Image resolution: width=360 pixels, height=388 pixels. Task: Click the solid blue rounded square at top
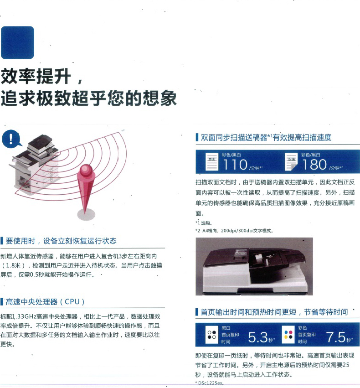pos(17,42)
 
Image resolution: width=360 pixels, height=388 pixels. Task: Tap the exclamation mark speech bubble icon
pos(11,138)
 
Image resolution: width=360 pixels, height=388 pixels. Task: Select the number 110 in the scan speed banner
pos(235,165)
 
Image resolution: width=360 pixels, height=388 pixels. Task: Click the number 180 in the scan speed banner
pos(314,165)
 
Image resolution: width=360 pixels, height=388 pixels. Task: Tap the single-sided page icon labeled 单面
pos(212,161)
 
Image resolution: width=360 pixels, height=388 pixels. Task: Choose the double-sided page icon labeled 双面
pos(291,161)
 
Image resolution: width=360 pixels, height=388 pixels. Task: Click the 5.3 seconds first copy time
pos(258,337)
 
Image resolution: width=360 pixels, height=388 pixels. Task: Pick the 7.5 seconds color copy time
pos(335,337)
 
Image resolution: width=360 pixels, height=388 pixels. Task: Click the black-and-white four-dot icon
pos(211,335)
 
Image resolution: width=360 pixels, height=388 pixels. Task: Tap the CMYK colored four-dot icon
pos(288,335)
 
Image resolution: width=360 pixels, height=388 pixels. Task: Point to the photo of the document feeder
pos(254,266)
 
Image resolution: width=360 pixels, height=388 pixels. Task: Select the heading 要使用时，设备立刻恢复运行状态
pos(61,241)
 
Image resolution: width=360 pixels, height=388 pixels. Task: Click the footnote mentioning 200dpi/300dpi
pos(234,231)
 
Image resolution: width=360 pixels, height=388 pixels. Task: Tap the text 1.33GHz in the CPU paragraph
pos(24,316)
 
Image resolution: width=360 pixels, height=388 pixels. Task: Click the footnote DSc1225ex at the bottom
pos(210,383)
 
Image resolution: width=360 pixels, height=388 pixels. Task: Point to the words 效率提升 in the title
pos(36,76)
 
